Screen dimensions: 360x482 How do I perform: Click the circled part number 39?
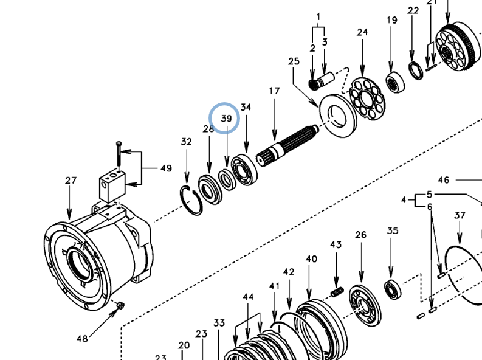coord(226,118)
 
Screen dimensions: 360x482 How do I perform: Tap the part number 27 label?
coord(71,181)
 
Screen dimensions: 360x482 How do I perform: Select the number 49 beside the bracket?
coord(165,168)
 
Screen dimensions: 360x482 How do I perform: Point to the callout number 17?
coord(274,91)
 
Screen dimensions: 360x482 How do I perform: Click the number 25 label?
coord(294,61)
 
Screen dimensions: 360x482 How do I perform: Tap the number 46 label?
coord(443,180)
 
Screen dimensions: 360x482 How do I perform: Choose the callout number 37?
coord(460,215)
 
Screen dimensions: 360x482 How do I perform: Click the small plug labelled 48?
coord(119,305)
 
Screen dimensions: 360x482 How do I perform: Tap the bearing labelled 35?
coord(392,289)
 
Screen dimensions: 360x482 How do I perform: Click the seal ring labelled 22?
coord(416,70)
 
